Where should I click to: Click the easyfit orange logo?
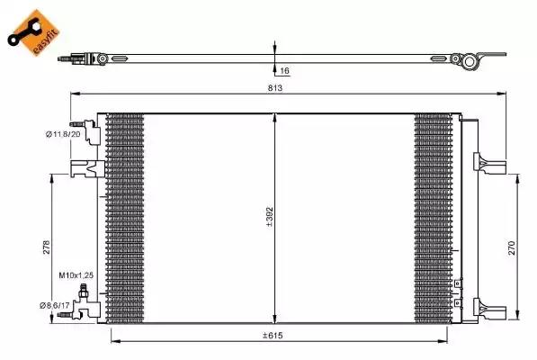point(33,31)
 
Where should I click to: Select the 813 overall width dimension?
point(275,88)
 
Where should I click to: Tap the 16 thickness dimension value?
point(284,71)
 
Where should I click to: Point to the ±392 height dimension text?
point(270,217)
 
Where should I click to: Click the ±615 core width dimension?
point(273,336)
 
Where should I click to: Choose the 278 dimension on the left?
point(46,247)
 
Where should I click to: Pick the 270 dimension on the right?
point(511,248)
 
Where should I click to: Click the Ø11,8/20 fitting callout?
point(63,134)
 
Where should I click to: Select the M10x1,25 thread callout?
point(76,275)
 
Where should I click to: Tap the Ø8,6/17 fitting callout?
point(55,305)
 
